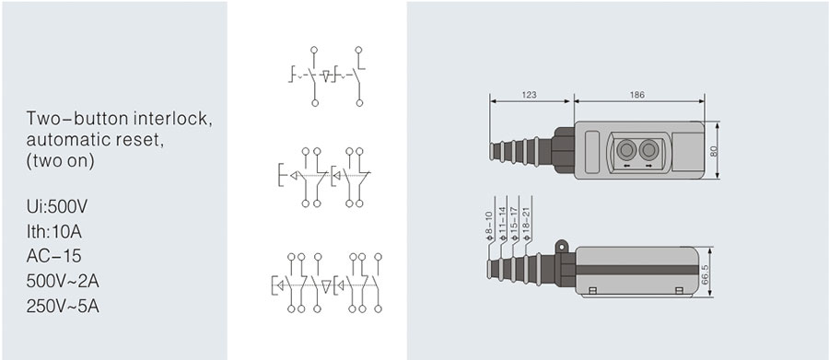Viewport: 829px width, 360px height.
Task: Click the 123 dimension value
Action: tap(529, 95)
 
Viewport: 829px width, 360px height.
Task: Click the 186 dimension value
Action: tap(637, 95)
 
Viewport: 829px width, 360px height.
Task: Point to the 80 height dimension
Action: tap(714, 151)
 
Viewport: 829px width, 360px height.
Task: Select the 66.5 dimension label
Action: tap(705, 275)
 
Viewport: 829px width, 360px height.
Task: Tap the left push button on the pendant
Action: tap(626, 150)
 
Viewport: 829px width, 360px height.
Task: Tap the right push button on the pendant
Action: tap(648, 150)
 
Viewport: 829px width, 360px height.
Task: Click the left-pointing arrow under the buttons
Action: tap(626, 166)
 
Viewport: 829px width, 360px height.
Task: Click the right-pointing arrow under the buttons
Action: tap(648, 166)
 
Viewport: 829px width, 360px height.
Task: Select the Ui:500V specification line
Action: tap(57, 206)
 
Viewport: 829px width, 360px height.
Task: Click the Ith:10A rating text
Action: tap(54, 231)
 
